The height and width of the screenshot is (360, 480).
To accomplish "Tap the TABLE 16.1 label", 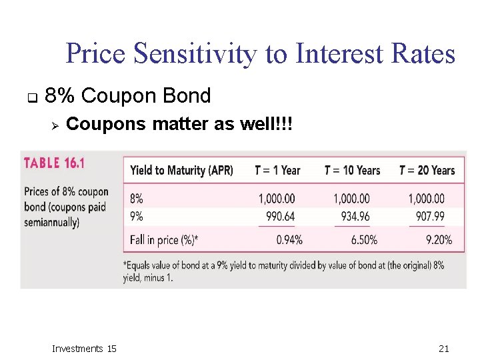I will pyautogui.click(x=61, y=163).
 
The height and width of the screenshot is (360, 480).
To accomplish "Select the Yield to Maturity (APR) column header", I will pyautogui.click(x=181, y=170).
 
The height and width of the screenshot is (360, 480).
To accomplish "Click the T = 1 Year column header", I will pyautogui.click(x=277, y=170).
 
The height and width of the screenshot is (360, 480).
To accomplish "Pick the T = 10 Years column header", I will pyautogui.click(x=352, y=170).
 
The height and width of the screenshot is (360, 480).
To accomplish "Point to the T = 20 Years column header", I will pyautogui.click(x=427, y=170).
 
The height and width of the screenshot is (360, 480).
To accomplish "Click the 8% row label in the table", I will pyautogui.click(x=137, y=199).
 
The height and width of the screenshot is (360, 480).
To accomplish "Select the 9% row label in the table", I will pyautogui.click(x=137, y=216).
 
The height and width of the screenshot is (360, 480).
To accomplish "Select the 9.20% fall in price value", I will pyautogui.click(x=438, y=240).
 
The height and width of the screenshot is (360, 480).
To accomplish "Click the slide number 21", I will pyautogui.click(x=445, y=348).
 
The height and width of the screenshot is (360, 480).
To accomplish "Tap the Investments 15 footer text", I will pyautogui.click(x=84, y=348).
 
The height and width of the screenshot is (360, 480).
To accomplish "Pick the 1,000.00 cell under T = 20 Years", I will pyautogui.click(x=426, y=199).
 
